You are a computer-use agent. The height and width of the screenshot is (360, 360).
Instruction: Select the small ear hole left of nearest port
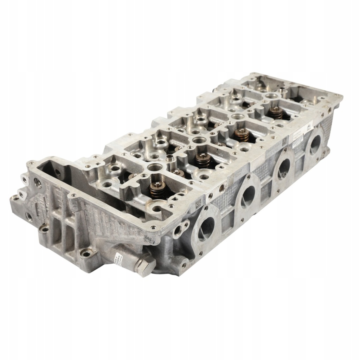[x=177, y=230]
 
